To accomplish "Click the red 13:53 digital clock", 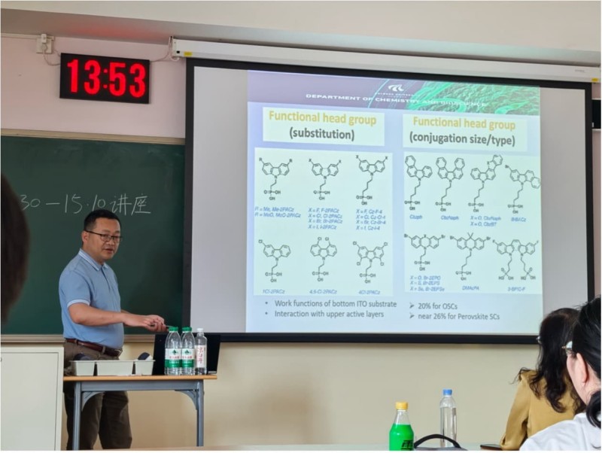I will [105, 78].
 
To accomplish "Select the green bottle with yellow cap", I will [401, 429].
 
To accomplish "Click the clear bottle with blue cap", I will [448, 417].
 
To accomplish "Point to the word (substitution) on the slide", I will [322, 135].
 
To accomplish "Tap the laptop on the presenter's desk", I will [159, 354].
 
